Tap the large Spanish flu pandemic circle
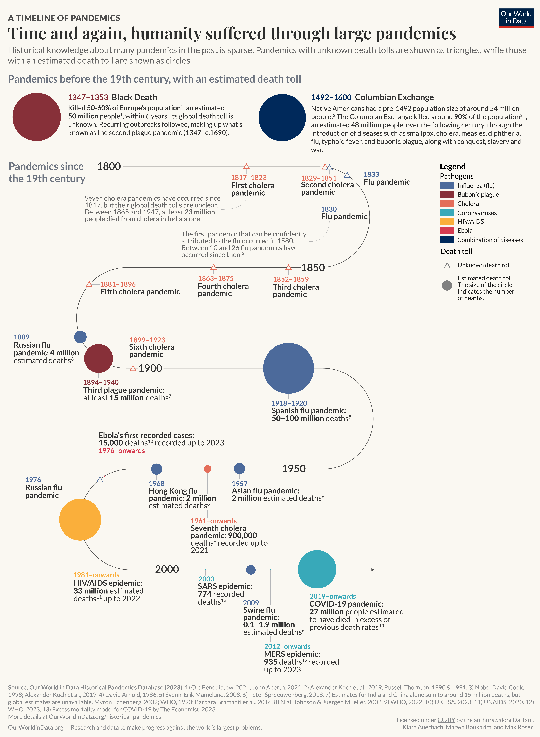pyautogui.click(x=288, y=368)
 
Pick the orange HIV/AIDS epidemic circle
pyautogui.click(x=80, y=519)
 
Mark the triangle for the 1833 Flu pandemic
pyautogui.click(x=347, y=175)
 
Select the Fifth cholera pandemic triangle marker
pyautogui.click(x=89, y=284)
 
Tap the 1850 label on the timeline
pyautogui.click(x=313, y=268)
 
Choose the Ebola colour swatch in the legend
pyautogui.click(x=447, y=230)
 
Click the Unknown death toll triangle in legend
pyautogui.click(x=447, y=265)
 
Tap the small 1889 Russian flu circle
pyautogui.click(x=80, y=337)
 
